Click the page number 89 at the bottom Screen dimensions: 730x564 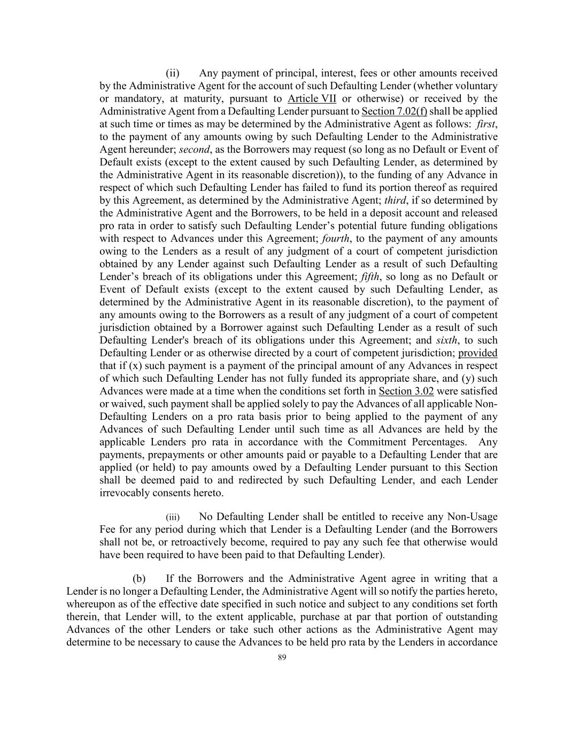coord(282,658)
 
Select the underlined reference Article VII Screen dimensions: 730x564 coord(312,98)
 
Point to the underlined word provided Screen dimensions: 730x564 coord(477,353)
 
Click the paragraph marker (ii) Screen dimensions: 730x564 coord(172,73)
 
